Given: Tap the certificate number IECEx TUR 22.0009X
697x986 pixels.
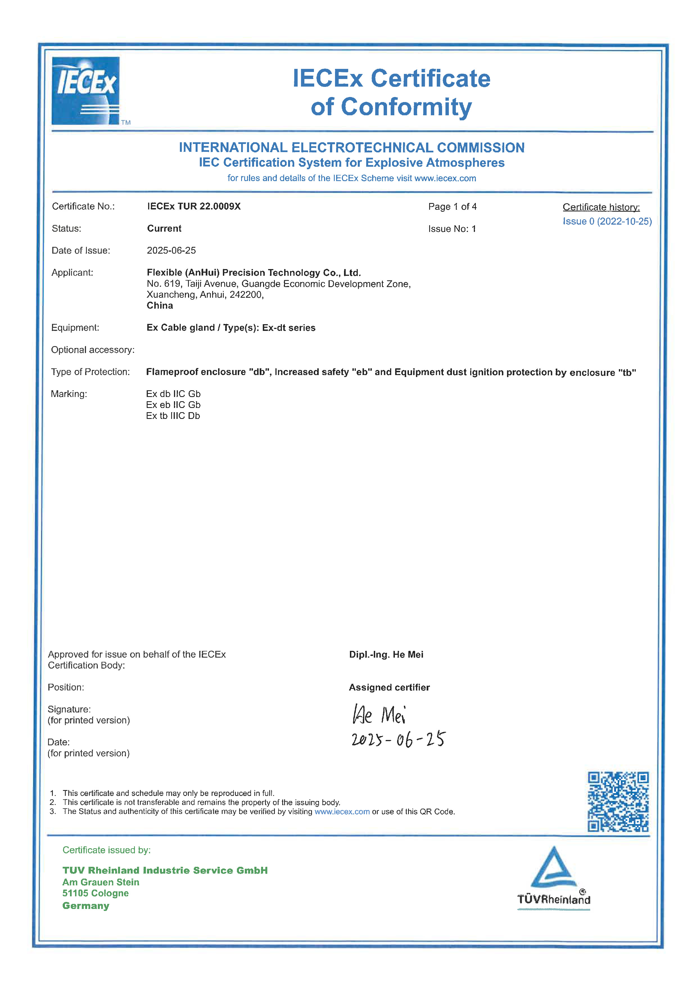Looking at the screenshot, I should [194, 207].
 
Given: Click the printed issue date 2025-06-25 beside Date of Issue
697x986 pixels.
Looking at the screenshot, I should [171, 250].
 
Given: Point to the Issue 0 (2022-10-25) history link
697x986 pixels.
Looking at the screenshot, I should [607, 222].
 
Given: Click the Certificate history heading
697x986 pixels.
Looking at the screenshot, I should [601, 207].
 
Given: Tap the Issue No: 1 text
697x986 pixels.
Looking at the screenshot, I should [452, 229].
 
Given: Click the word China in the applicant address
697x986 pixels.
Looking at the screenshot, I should [160, 306].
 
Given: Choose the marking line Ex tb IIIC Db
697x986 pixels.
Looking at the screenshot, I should [173, 416].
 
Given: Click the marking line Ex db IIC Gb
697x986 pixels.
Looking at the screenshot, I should [173, 394].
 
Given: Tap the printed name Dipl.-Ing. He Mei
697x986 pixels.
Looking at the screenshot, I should [386, 655].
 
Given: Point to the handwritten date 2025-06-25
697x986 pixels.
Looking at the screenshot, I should [398, 739].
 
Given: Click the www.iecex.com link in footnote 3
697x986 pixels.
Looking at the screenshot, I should [342, 812].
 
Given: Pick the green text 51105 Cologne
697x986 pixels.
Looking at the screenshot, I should [95, 893].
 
